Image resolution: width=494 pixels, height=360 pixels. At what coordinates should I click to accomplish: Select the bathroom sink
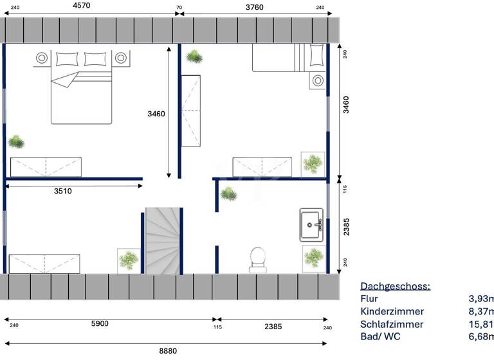tap(312, 224)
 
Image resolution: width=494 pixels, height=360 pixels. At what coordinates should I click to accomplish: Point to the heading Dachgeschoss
tap(395, 286)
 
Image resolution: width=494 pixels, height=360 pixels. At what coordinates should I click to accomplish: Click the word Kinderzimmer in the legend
tap(392, 311)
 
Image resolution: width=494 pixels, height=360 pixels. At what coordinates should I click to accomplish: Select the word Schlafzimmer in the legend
tap(392, 324)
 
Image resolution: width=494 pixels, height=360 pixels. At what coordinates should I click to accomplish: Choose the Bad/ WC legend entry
tap(381, 337)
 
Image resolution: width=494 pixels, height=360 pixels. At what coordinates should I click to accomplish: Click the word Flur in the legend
tap(369, 299)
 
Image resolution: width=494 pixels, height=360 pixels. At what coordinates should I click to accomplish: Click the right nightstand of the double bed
tap(120, 58)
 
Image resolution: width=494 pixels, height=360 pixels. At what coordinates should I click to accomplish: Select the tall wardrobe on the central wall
tap(190, 110)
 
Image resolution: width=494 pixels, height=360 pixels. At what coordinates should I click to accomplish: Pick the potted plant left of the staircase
tap(129, 260)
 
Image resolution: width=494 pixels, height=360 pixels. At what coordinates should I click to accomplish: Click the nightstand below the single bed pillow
tap(317, 81)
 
